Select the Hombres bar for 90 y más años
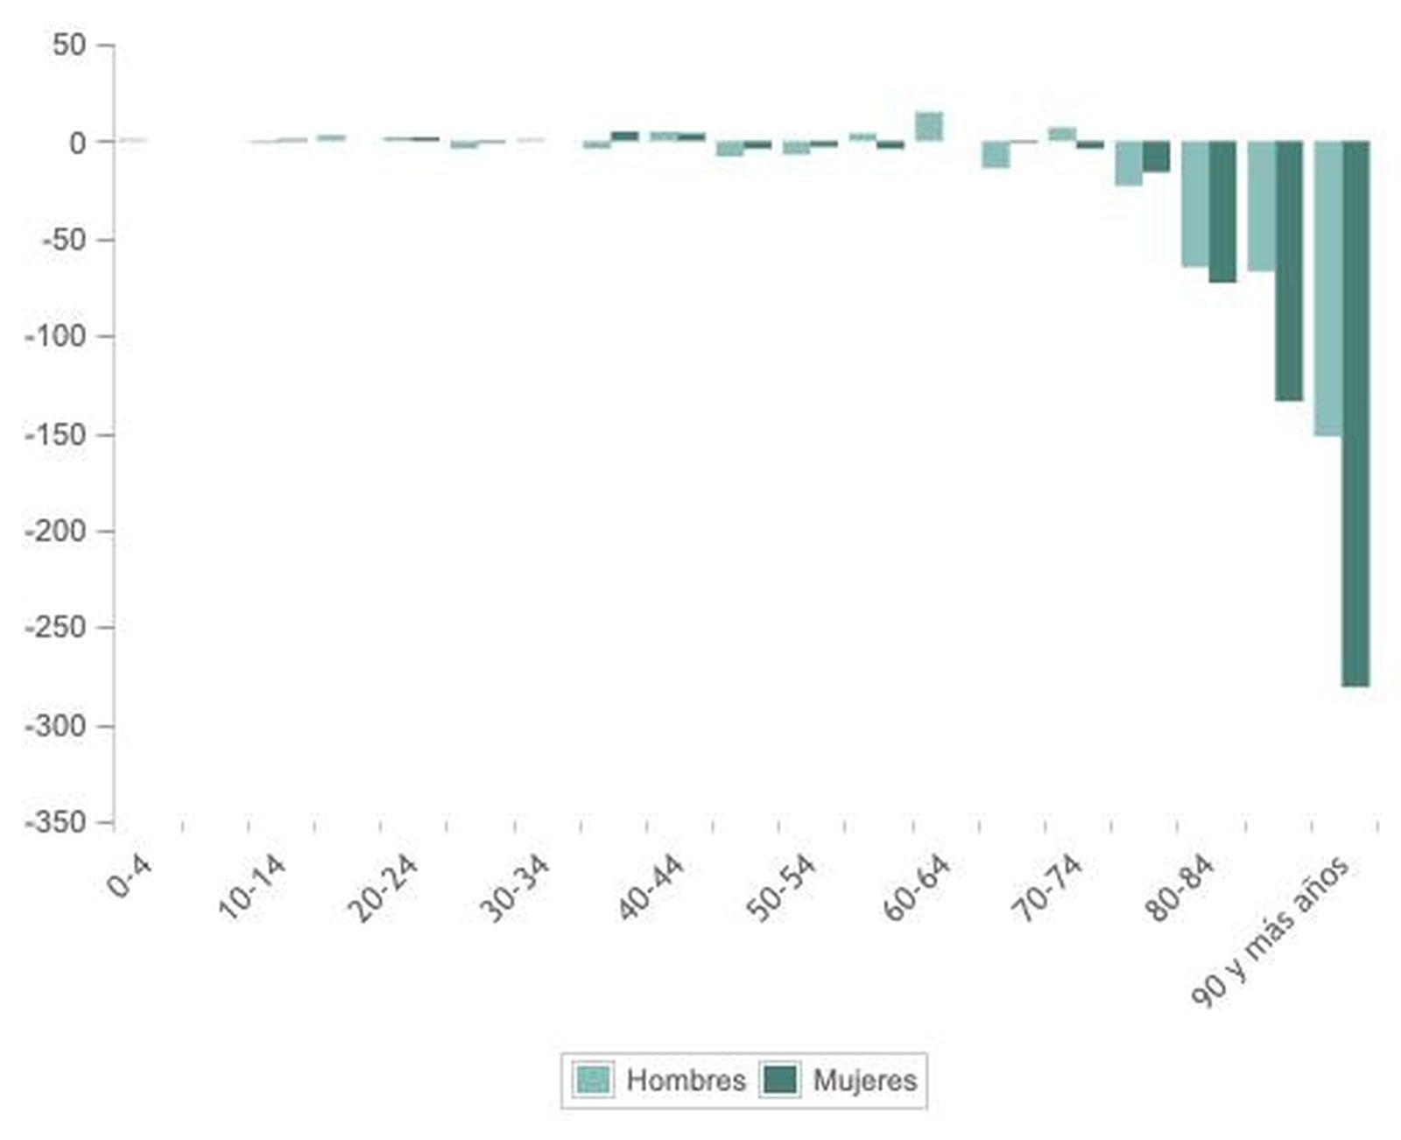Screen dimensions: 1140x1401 [1327, 288]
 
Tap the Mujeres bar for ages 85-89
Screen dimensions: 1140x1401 [1289, 271]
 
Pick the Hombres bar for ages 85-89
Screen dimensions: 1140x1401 [1261, 206]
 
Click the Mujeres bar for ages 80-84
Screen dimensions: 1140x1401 [1222, 211]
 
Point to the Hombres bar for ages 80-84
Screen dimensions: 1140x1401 [1194, 203]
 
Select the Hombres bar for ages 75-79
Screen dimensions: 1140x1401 [1128, 163]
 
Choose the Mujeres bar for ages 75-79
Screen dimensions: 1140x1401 [1156, 156]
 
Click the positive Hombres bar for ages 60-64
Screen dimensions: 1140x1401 [929, 126]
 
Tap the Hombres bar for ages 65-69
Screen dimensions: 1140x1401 [996, 154]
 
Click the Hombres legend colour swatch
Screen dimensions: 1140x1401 [593, 1079]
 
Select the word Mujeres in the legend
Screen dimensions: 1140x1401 [865, 1080]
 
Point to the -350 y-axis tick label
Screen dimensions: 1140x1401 [56, 823]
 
